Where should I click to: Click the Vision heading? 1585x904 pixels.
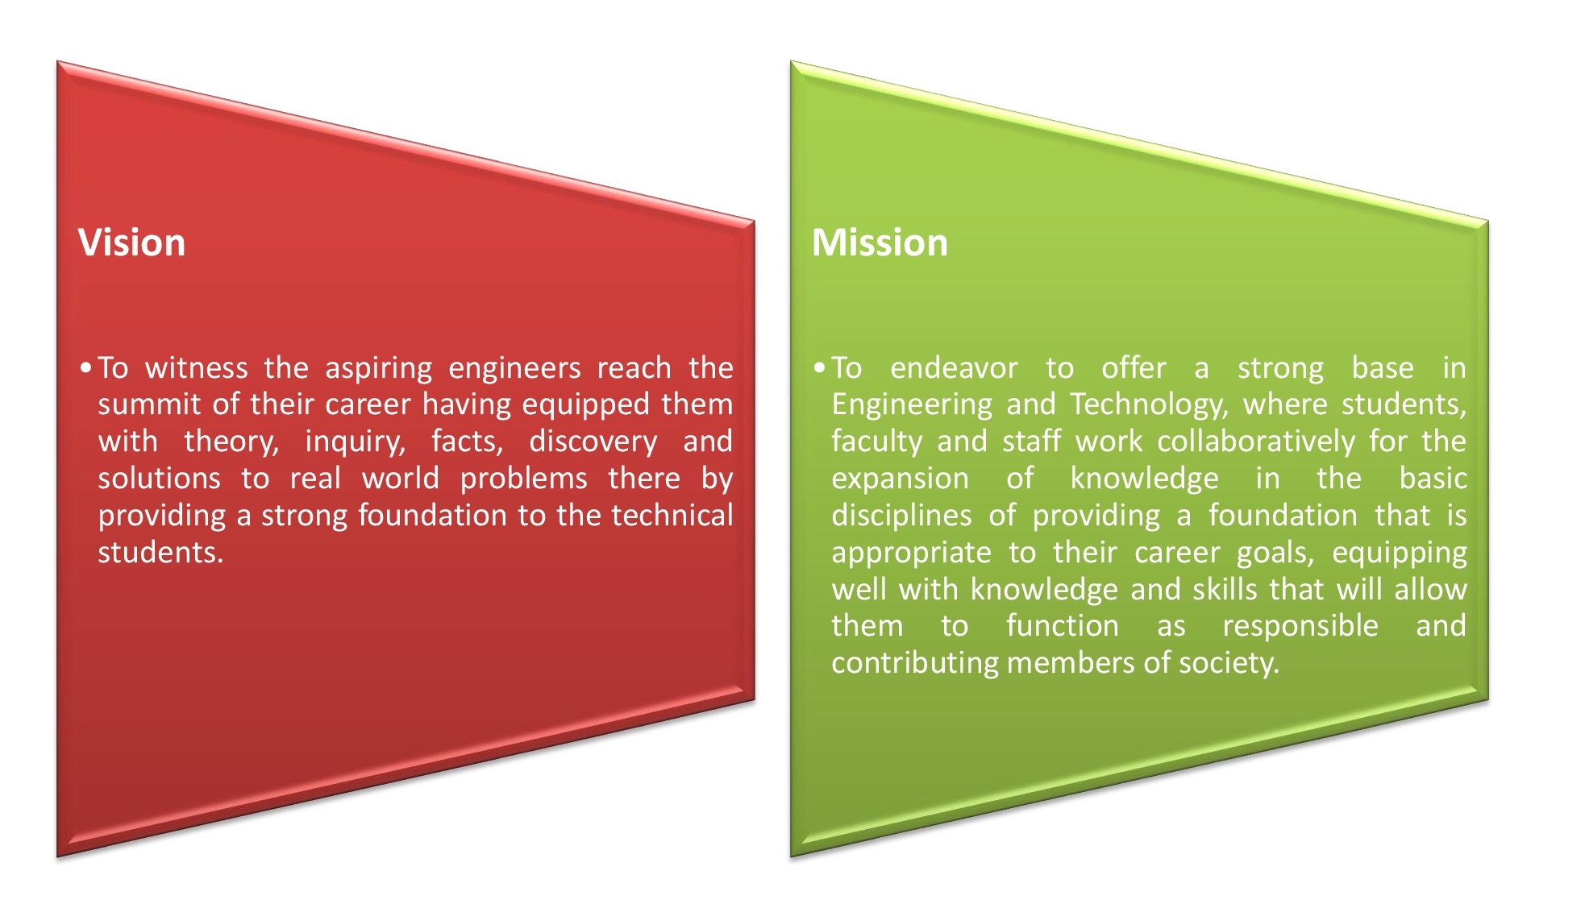(131, 243)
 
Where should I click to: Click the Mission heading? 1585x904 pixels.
(880, 243)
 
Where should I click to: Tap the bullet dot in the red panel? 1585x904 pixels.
(85, 368)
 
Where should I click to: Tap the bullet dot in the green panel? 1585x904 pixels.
(819, 368)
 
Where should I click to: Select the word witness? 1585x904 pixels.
(196, 368)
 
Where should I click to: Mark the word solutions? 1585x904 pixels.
(159, 479)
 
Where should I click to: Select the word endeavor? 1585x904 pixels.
(954, 368)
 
